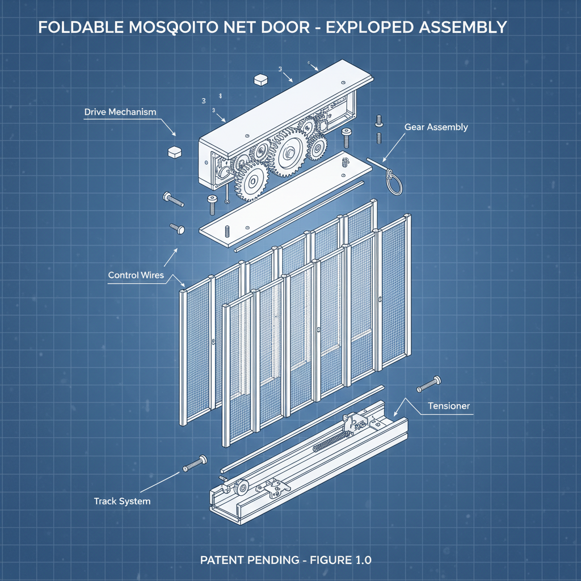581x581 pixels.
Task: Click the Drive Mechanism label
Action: [x=120, y=112]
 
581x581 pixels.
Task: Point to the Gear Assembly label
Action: [x=436, y=127]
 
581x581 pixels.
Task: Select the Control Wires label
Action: [x=136, y=275]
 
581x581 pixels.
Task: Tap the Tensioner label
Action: [x=449, y=406]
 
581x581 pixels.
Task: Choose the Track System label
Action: [x=122, y=501]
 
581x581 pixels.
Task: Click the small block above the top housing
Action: [x=261, y=79]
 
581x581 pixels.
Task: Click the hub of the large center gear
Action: [x=290, y=151]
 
